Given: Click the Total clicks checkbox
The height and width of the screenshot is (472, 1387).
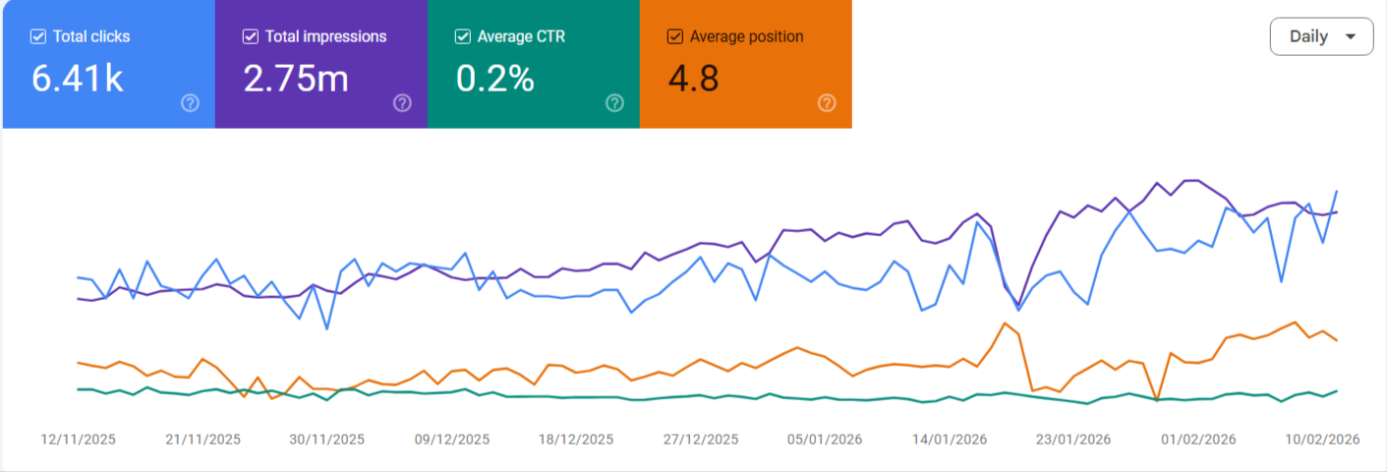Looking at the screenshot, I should coord(38,37).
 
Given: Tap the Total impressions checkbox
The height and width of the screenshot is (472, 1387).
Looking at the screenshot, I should coord(250,37).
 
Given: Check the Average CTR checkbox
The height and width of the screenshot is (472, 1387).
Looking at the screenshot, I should coord(462,37).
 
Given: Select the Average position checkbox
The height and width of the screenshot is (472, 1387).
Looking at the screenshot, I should coord(675,37).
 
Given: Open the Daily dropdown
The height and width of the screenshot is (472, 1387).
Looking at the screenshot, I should coord(1321,36).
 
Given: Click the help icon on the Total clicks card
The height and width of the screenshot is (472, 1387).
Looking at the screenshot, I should coord(190,103).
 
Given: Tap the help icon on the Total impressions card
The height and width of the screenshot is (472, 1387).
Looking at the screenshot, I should coord(402,103).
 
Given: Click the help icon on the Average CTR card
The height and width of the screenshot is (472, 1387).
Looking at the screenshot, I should coord(614,103).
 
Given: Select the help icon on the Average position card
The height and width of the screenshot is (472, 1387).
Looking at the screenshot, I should coord(827,103).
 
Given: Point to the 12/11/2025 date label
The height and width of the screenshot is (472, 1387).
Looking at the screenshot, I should coord(79,440).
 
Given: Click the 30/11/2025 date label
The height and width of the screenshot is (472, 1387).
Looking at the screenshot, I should coord(327,440).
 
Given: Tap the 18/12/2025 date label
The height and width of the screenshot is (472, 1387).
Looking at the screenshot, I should coord(576,440).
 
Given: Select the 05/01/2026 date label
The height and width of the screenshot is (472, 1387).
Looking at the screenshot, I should coord(825,440).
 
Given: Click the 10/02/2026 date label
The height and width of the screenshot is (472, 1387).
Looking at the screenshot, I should coord(1323,440).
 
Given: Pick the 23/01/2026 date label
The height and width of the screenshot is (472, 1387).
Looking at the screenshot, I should coord(1074,440).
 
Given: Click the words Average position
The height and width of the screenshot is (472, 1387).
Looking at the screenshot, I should coord(746,37).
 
